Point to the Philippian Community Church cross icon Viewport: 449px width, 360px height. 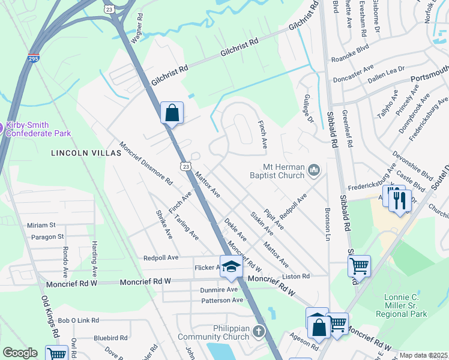(259, 331)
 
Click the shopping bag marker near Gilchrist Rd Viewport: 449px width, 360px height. (172, 112)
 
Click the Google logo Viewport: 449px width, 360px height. (20, 353)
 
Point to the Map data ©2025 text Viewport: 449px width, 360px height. (423, 355)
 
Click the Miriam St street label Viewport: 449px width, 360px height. (41, 225)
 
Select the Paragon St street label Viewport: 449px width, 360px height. (44, 236)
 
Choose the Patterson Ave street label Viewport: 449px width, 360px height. (222, 300)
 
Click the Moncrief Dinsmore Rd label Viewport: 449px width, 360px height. (146, 163)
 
